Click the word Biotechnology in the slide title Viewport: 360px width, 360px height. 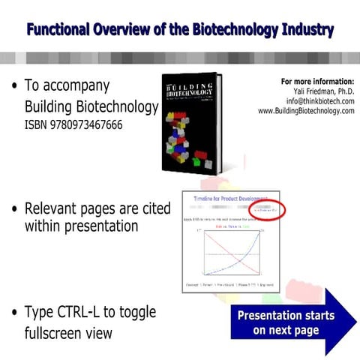(230, 30)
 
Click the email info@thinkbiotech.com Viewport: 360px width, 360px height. (316, 100)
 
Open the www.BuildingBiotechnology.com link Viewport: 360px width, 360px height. (305, 110)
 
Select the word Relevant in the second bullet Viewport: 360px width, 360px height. (55, 208)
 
